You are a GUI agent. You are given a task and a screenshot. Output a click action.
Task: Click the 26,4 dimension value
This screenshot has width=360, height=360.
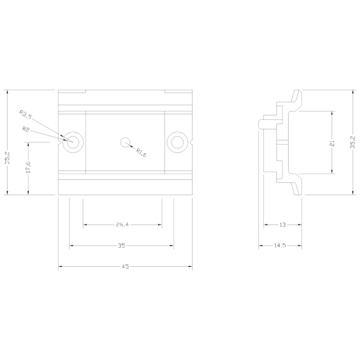click(122, 224)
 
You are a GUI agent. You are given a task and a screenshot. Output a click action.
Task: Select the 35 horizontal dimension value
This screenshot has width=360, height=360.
click(122, 246)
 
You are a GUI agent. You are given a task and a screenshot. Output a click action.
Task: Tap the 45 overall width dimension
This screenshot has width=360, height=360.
click(125, 267)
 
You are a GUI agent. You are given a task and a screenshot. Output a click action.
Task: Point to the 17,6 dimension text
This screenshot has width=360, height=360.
click(28, 168)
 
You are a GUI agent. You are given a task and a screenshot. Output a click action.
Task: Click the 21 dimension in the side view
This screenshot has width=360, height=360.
click(332, 142)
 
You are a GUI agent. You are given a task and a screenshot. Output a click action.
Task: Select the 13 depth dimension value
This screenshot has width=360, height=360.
click(282, 224)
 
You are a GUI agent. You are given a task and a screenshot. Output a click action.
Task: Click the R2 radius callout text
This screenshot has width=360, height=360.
click(26, 129)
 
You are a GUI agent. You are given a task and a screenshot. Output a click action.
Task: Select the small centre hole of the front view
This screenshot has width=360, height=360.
click(125, 141)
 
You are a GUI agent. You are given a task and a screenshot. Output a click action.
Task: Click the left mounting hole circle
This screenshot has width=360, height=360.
click(73, 141)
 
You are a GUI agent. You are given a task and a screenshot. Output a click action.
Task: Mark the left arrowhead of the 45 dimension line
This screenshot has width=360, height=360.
click(60, 267)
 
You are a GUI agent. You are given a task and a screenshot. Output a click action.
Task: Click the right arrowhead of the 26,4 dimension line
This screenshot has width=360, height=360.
click(161, 224)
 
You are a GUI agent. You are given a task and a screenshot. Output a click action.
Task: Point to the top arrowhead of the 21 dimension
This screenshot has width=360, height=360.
click(332, 112)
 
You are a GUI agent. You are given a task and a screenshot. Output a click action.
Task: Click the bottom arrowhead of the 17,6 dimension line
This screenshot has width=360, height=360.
click(28, 193)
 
